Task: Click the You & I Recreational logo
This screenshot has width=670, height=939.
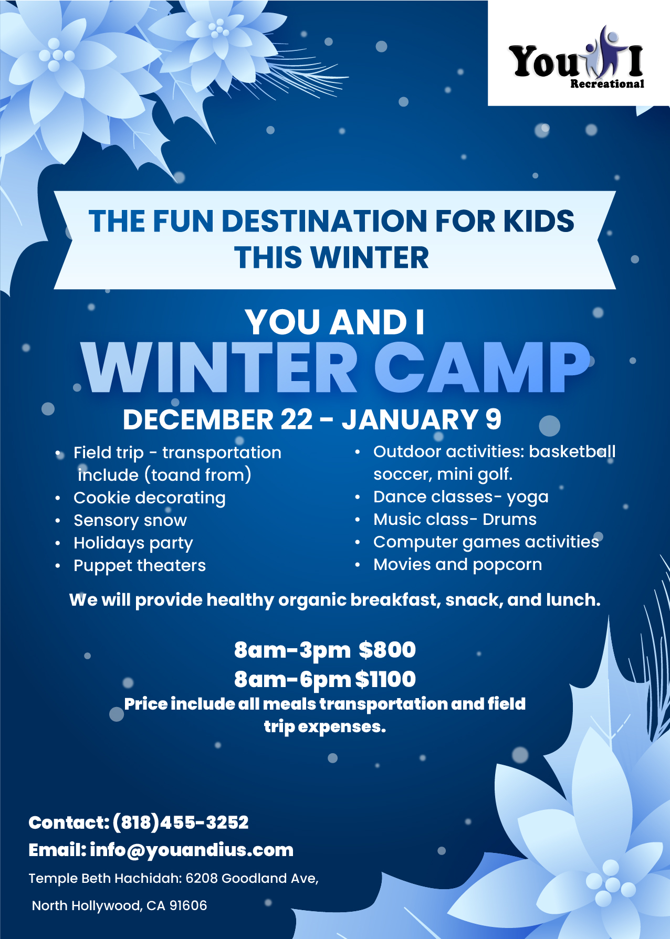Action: [576, 58]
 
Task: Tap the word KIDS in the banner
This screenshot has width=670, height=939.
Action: [539, 221]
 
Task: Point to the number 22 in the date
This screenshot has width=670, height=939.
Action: [296, 419]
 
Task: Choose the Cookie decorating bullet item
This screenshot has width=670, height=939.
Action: [150, 498]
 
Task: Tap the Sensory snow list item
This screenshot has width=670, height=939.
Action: [130, 520]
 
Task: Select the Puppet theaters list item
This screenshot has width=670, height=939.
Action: [140, 565]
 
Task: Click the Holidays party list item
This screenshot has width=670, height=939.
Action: [133, 543]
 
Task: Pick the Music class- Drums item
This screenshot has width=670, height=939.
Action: [455, 519]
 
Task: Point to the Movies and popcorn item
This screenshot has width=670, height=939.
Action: [458, 564]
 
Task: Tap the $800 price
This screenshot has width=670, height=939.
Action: [388, 650]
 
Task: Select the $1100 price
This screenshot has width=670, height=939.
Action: [385, 679]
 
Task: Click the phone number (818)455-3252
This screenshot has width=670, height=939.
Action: [180, 822]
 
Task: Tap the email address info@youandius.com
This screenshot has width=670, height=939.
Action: [192, 850]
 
